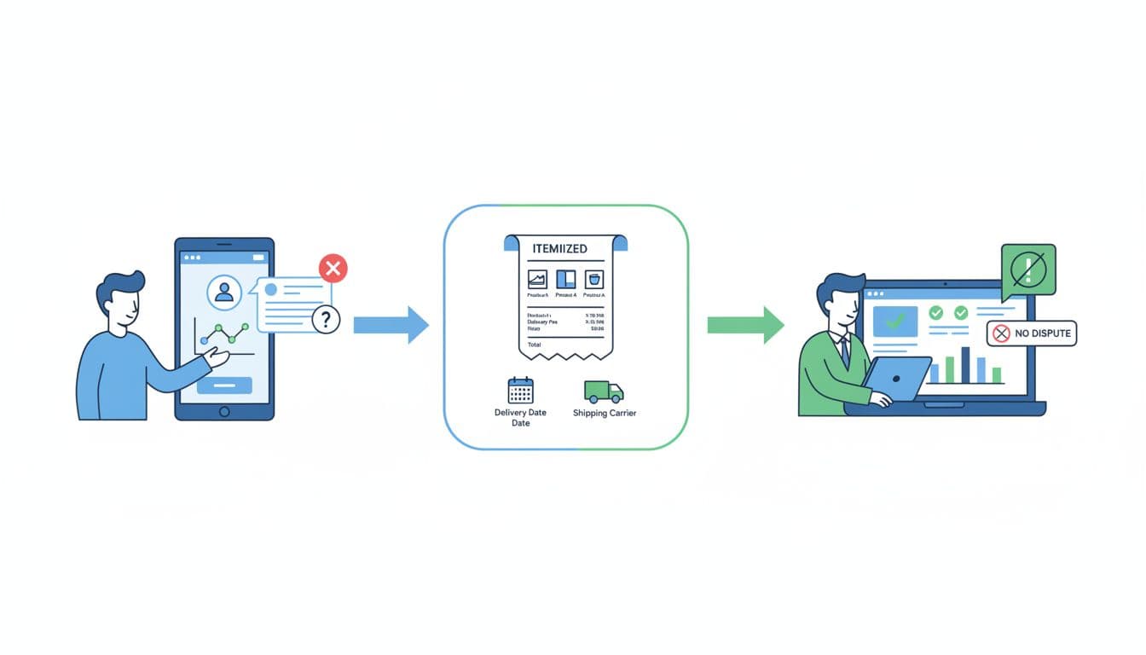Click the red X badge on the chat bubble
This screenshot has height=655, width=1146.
pyautogui.click(x=333, y=269)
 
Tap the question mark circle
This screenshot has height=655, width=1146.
pyautogui.click(x=326, y=319)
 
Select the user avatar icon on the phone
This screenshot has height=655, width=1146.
pyautogui.click(x=224, y=293)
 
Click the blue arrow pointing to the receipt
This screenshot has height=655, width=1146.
pyautogui.click(x=391, y=324)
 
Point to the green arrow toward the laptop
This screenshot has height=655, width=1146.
pyautogui.click(x=745, y=324)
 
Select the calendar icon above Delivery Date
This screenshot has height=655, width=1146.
pyautogui.click(x=520, y=390)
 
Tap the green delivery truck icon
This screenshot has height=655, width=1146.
pyautogui.click(x=604, y=391)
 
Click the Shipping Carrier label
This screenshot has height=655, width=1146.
pyautogui.click(x=605, y=414)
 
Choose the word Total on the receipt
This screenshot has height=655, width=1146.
pyautogui.click(x=535, y=345)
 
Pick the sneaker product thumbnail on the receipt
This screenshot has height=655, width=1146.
pyautogui.click(x=537, y=278)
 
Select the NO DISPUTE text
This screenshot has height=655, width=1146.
pyautogui.click(x=1043, y=333)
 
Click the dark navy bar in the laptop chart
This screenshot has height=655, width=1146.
pyautogui.click(x=966, y=365)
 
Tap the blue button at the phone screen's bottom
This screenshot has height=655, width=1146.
pyautogui.click(x=224, y=385)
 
